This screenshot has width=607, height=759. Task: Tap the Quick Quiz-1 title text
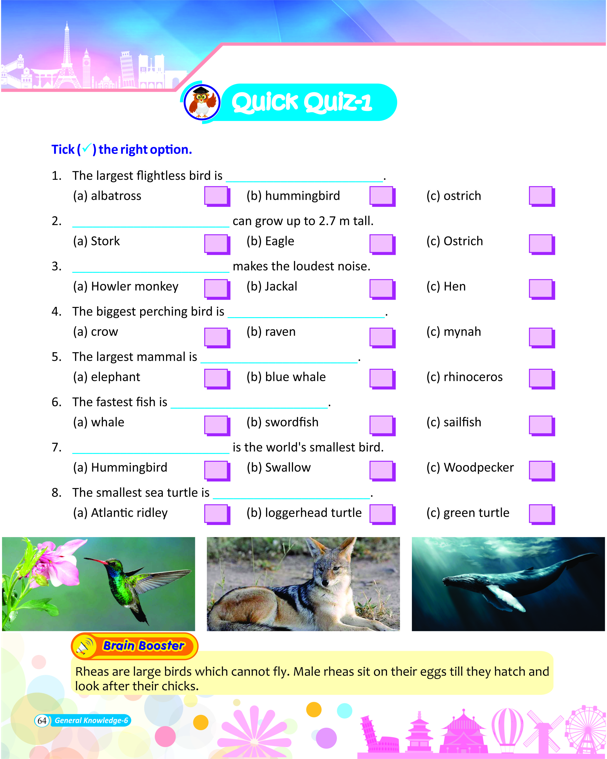(301, 103)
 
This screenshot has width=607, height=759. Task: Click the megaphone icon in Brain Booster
(85, 646)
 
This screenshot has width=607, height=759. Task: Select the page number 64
(42, 721)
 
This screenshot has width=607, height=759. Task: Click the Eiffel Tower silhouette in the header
(67, 60)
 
